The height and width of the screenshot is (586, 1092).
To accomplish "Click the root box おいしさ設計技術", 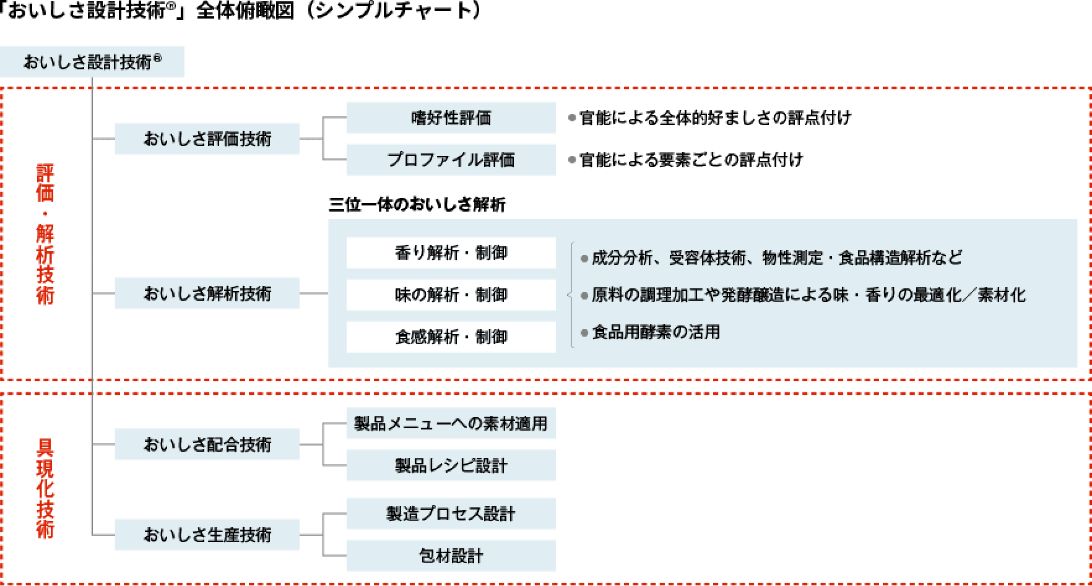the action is click(92, 61).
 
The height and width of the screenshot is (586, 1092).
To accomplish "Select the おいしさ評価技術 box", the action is click(207, 139).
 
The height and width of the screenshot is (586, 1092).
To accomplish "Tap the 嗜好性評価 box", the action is click(451, 118).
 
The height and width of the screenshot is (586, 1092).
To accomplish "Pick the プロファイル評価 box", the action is click(451, 160).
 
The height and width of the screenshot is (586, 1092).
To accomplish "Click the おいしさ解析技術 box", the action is click(207, 293).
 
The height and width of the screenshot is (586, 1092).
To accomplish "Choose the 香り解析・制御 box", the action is click(451, 252).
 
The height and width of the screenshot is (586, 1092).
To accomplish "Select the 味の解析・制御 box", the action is click(451, 295).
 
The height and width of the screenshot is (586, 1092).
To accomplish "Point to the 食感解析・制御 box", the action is click(451, 337).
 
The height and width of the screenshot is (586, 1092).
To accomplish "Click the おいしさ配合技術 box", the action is click(207, 444).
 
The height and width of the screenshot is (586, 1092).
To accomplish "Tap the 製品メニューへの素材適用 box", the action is click(451, 423).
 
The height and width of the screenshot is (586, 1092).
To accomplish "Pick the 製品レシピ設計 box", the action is click(451, 465).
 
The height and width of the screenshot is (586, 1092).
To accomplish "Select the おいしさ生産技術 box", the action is click(207, 535).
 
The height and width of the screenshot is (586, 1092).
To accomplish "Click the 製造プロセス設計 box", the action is click(451, 514).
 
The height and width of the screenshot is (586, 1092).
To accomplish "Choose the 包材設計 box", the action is click(451, 556).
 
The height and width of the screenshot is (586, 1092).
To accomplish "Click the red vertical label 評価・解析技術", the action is click(45, 234).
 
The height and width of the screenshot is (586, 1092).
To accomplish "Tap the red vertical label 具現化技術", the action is click(45, 488).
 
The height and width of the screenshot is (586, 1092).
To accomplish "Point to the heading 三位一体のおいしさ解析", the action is click(417, 205).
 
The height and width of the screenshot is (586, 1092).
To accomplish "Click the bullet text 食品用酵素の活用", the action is click(656, 332).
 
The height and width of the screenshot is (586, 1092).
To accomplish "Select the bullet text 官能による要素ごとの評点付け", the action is click(691, 160).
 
